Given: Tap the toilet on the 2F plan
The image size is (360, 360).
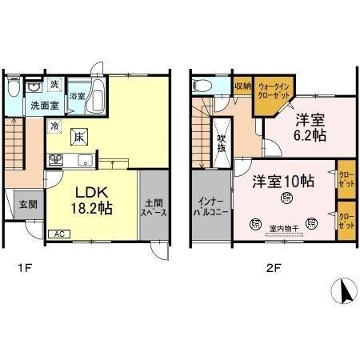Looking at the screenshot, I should pos(201,86).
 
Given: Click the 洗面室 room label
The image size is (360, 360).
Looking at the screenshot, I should pos(44,104).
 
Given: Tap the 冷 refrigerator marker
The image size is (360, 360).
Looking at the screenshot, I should pos(55,126).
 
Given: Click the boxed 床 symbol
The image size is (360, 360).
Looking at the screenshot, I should pos(79,137).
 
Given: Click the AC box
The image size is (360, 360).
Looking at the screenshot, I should pos(58,234).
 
